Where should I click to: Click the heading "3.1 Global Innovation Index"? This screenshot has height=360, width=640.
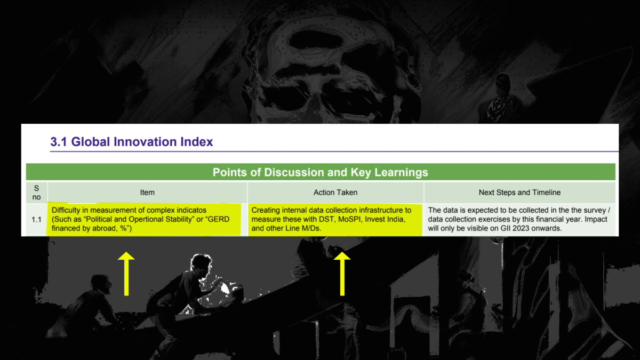pos(132,142)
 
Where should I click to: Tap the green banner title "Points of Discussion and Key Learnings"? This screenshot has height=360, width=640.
pos(321,172)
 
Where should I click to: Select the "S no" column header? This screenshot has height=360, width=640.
pos(36,193)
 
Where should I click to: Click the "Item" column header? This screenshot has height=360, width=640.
pos(147,193)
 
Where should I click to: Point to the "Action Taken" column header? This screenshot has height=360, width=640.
pos(335,193)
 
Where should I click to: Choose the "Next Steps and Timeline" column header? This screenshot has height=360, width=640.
pos(519,193)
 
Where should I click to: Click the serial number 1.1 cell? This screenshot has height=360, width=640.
pos(37,220)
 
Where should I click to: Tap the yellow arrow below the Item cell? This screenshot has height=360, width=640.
pos(126,274)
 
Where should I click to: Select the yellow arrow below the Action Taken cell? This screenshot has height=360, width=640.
pos(342,274)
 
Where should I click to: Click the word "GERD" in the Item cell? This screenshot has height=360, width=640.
pos(218,219)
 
